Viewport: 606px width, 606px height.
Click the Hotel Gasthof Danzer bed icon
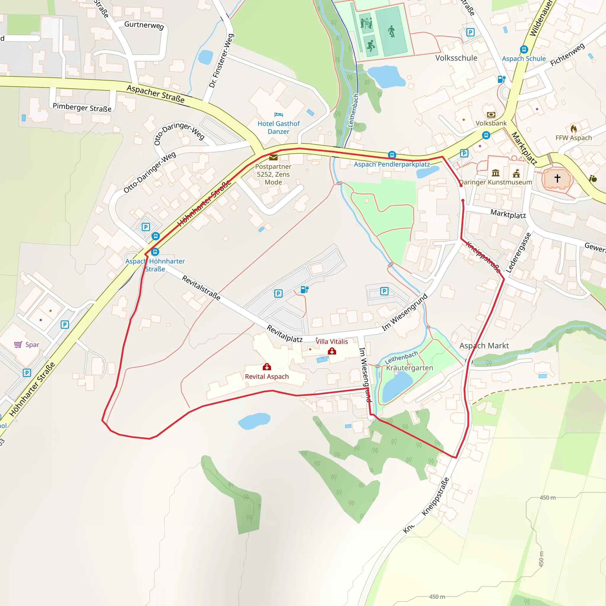[x=278, y=115]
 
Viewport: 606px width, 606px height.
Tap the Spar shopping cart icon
[x=18, y=344]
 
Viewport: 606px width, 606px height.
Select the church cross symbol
[x=557, y=178]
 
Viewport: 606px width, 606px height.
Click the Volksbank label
[x=491, y=123]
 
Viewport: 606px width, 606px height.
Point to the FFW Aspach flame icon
[x=574, y=129]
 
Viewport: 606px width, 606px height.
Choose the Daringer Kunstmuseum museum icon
[x=496, y=173]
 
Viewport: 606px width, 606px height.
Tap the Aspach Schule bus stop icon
[x=524, y=49]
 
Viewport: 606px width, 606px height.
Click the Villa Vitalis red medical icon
[x=332, y=351]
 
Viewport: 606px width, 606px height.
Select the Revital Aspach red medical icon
[x=267, y=367]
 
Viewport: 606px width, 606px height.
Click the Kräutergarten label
[x=409, y=368]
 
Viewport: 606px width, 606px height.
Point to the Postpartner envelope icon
[x=273, y=157]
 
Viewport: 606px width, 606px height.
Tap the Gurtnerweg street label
[x=144, y=25]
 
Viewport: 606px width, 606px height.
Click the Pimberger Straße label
[x=82, y=107]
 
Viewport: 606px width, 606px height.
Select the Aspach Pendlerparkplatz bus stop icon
[x=392, y=155]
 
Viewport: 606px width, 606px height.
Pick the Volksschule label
[x=456, y=58]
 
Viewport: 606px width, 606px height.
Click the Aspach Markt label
[x=484, y=346]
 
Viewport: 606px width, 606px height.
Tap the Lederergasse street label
[x=518, y=252]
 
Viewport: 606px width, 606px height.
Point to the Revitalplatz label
[x=284, y=333]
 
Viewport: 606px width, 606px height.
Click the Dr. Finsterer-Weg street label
[x=221, y=61]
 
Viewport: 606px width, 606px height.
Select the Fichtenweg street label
[x=568, y=54]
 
